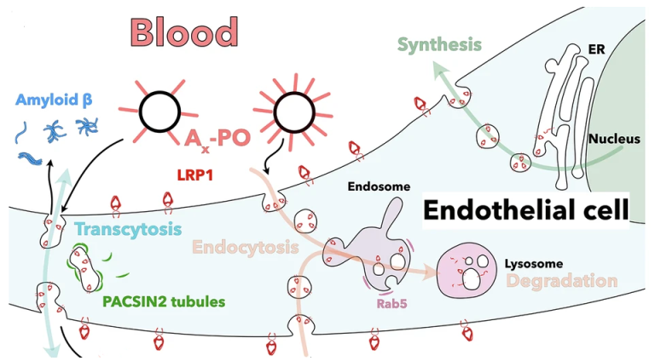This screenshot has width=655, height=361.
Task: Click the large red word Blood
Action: pos(184,32)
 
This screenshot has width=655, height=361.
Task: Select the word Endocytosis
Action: pos(244,248)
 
